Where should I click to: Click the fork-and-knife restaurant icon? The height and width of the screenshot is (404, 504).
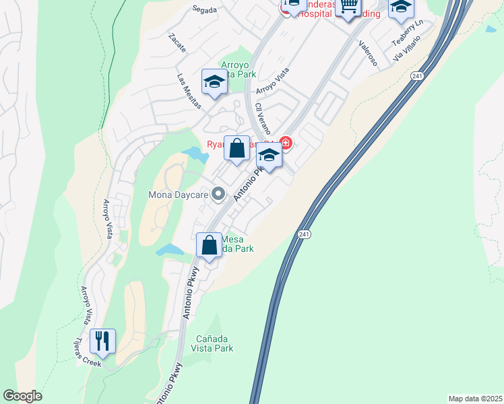pyautogui.click(x=102, y=342)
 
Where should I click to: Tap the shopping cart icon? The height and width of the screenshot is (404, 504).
pyautogui.click(x=348, y=7)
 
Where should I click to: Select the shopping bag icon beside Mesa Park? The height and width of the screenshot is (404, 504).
pyautogui.click(x=210, y=245)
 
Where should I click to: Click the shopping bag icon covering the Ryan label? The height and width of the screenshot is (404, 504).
pyautogui.click(x=237, y=149)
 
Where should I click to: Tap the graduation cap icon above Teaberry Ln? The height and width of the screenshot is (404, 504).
pyautogui.click(x=401, y=7)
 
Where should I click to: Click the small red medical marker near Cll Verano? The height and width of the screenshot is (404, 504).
pyautogui.click(x=286, y=143)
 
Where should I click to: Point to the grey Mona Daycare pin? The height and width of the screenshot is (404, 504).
pyautogui.click(x=218, y=195)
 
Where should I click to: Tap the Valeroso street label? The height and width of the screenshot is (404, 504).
pyautogui.click(x=368, y=53)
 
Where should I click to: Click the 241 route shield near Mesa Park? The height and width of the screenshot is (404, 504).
pyautogui.click(x=303, y=234)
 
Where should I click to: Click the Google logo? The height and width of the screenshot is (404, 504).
pyautogui.click(x=22, y=396)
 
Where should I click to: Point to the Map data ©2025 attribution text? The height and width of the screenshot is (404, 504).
pyautogui.click(x=475, y=399)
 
